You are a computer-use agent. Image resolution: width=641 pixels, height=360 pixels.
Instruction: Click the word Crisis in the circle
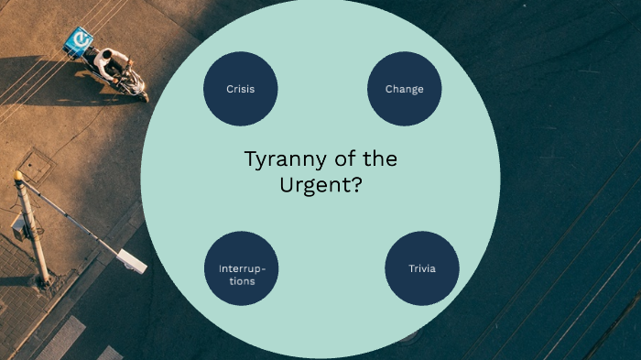click(x=240, y=89)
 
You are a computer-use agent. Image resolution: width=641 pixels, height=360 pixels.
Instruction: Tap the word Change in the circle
click(x=404, y=89)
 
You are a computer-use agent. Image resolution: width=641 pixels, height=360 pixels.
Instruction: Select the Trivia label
click(x=422, y=268)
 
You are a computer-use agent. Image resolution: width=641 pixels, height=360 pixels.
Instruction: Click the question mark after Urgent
click(x=357, y=183)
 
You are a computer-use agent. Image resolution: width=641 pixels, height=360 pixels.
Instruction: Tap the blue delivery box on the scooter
click(x=79, y=41)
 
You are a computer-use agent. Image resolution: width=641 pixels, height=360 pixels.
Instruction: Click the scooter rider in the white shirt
click(x=113, y=63)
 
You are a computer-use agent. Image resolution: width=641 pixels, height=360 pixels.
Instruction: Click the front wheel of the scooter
click(x=140, y=92)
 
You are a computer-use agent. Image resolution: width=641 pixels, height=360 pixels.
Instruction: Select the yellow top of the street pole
click(x=18, y=175)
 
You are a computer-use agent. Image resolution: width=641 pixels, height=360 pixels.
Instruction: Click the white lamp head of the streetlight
click(x=131, y=259)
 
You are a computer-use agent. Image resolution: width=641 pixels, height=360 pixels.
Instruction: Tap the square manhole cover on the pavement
click(x=35, y=166)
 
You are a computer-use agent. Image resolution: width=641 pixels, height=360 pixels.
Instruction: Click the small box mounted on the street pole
click(x=18, y=225)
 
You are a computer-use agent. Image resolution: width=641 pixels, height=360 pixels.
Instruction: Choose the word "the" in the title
click(x=379, y=159)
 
